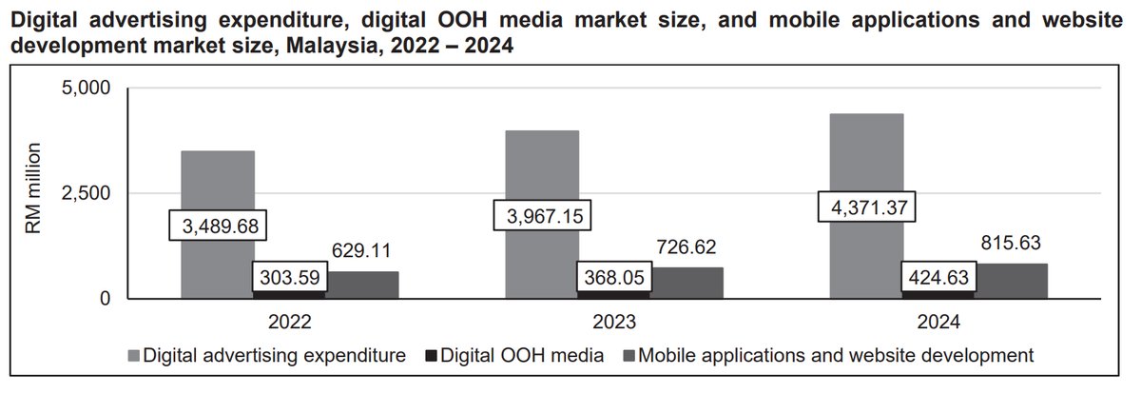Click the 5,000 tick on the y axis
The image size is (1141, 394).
pos(87,88)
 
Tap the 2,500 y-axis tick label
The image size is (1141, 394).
pos(87,193)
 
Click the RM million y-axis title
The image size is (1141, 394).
pos(34,193)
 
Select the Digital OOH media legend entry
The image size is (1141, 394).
pos(543,356)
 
